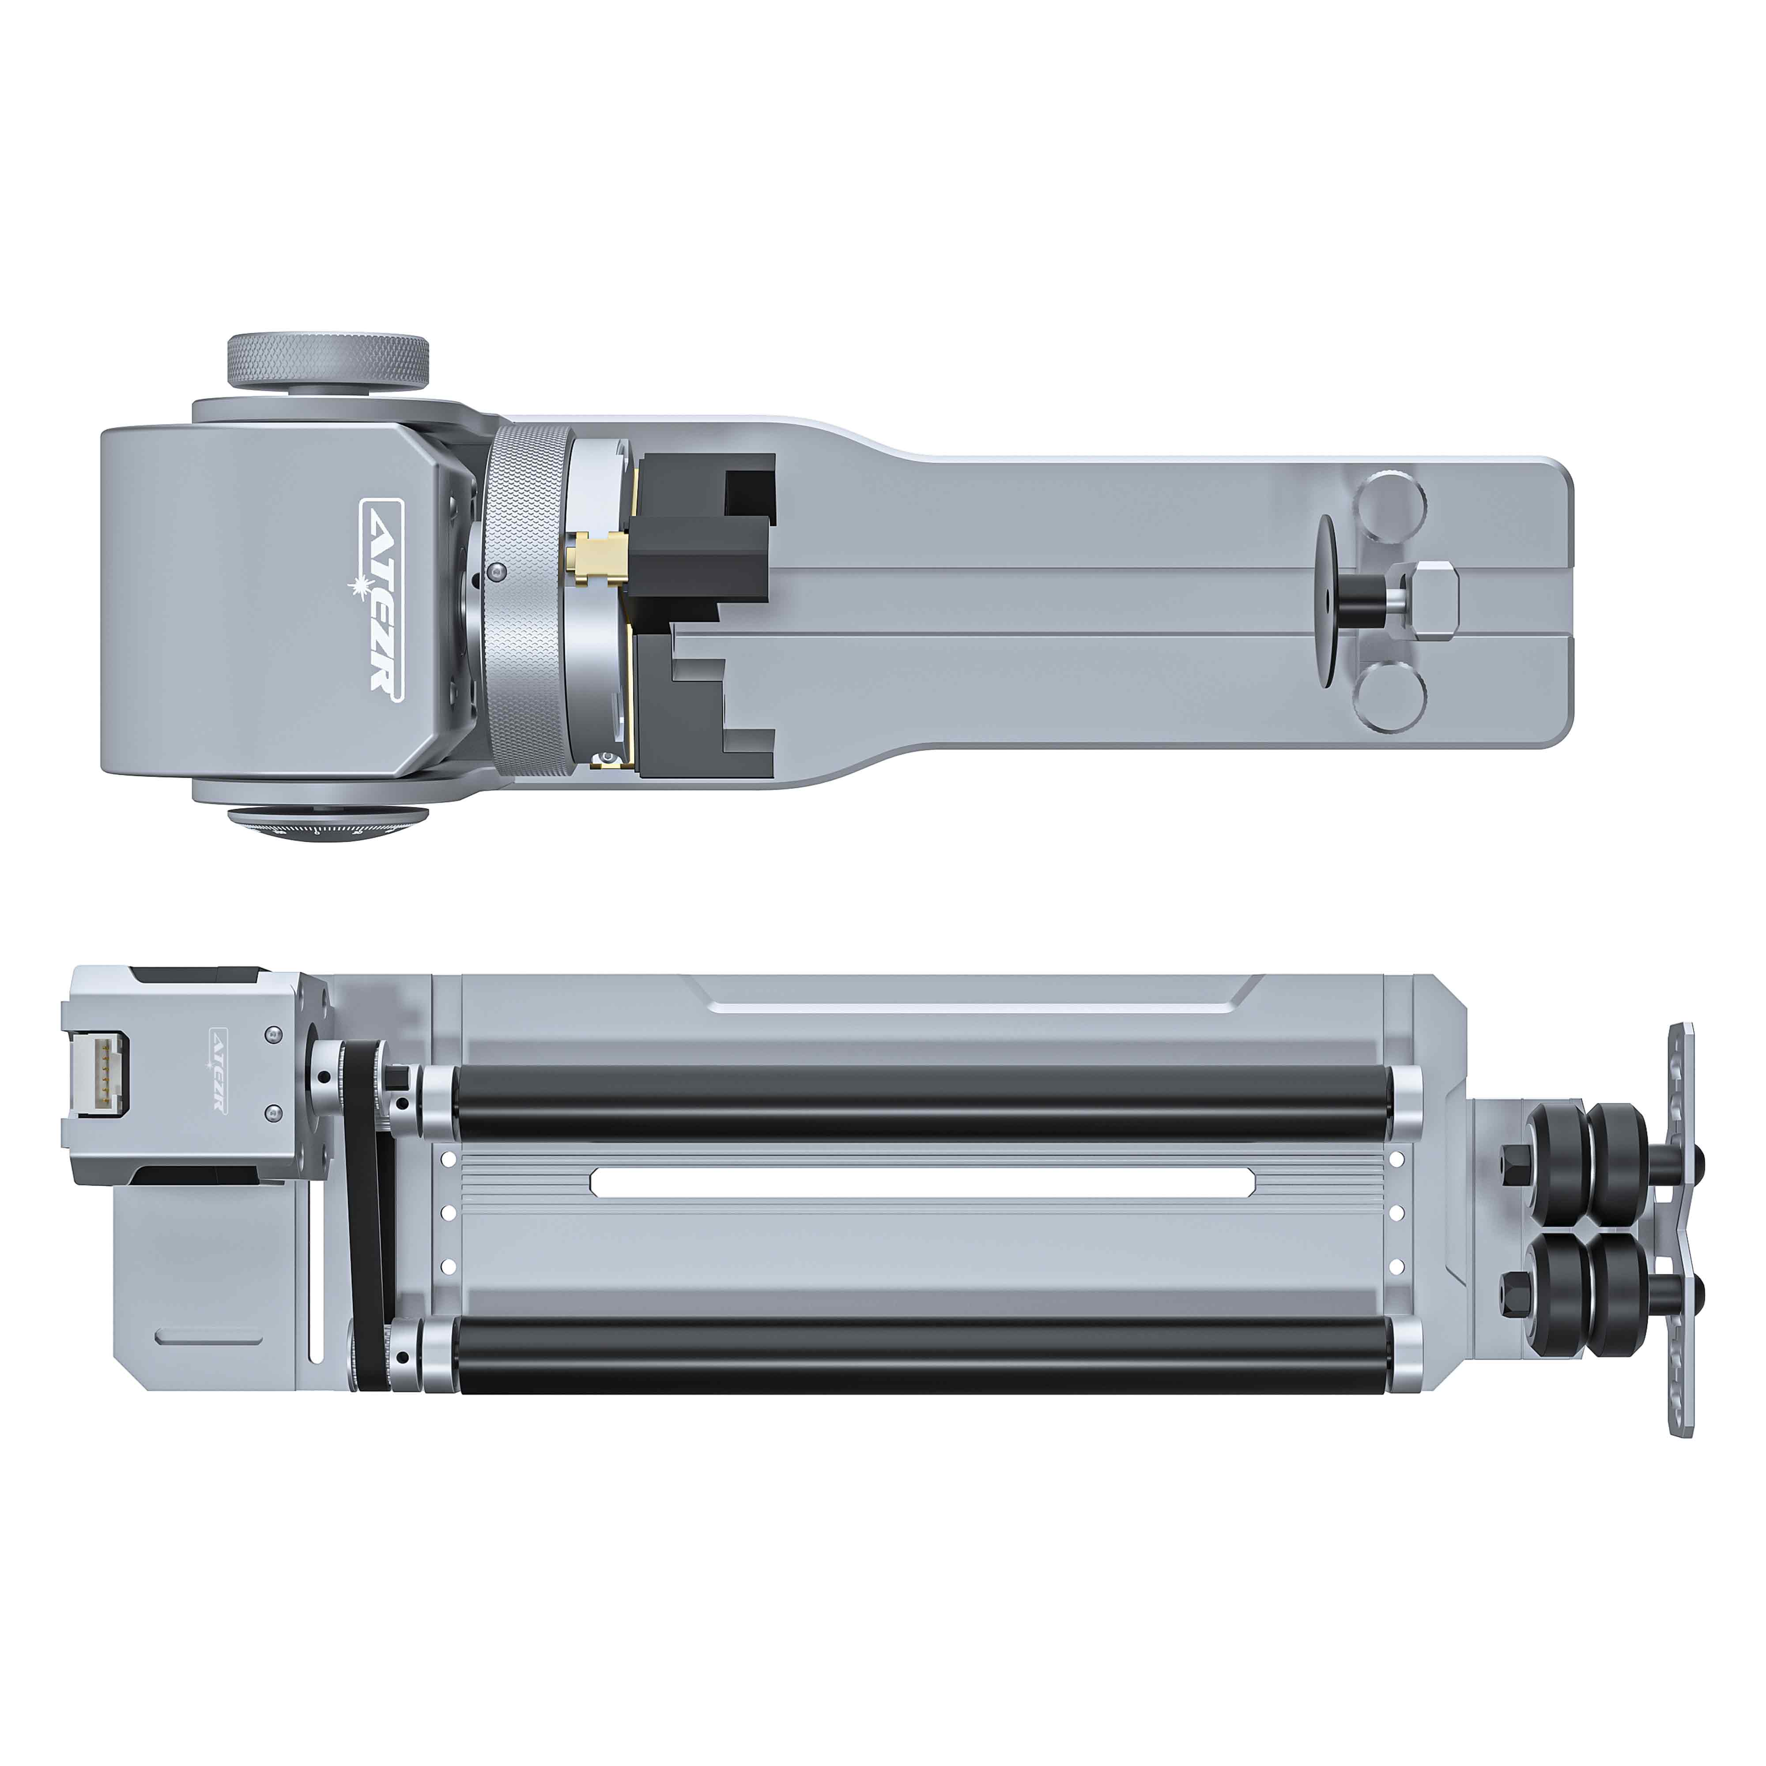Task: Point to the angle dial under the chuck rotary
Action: pyautogui.click(x=327, y=826)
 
